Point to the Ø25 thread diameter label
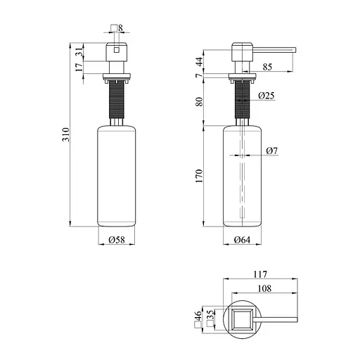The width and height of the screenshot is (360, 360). coord(266,96)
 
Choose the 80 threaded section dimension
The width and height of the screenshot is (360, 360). coord(200,101)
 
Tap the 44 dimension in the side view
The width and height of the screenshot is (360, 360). coord(200,62)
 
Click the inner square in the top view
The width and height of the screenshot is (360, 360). coord(242,320)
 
